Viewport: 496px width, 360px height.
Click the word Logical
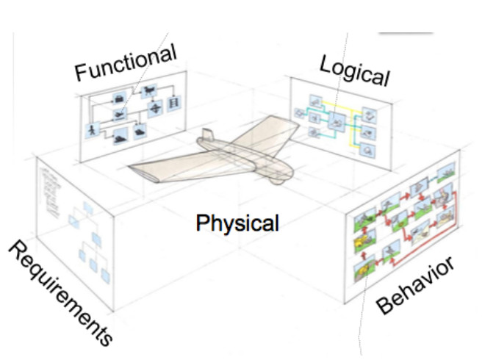pyautogui.click(x=354, y=69)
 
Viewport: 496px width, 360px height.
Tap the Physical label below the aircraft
pyautogui.click(x=237, y=221)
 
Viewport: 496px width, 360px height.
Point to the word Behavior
pyautogui.click(x=416, y=285)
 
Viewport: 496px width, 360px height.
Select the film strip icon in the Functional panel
pyautogui.click(x=173, y=107)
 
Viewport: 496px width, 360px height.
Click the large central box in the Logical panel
pyautogui.click(x=338, y=122)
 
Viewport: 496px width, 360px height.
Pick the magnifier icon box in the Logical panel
pyautogui.click(x=369, y=152)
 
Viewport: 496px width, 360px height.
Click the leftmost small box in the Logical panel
pyautogui.click(x=299, y=113)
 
